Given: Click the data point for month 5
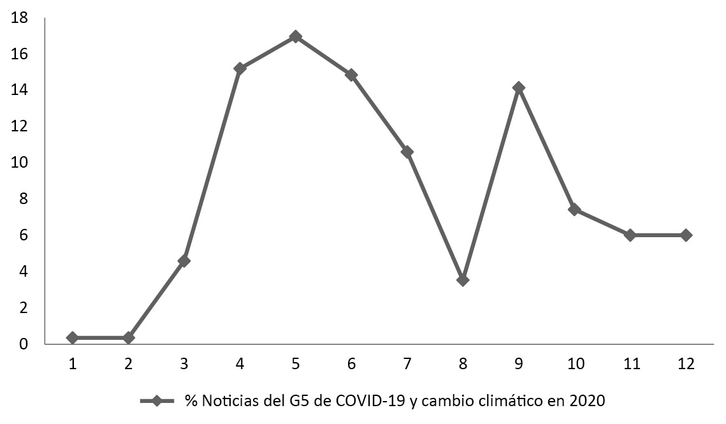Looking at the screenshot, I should (295, 36).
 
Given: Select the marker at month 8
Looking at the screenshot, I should (463, 280).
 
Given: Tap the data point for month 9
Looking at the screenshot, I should (518, 87).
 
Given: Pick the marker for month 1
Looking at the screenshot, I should (72, 337).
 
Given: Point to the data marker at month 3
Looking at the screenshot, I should (184, 260).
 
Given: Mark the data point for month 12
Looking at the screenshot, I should (686, 235).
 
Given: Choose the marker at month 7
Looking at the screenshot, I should (407, 152).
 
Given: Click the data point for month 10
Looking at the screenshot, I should (574, 209).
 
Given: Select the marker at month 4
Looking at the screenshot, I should (240, 68).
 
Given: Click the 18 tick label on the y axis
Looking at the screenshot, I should (20, 18).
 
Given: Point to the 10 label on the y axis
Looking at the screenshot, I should (20, 163).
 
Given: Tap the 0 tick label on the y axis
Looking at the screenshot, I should (24, 344).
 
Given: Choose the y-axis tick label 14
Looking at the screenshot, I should (20, 91).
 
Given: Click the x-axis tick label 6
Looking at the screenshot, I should (351, 363).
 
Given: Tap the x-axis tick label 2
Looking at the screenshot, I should (128, 363).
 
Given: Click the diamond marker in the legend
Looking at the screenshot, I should (156, 401).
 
